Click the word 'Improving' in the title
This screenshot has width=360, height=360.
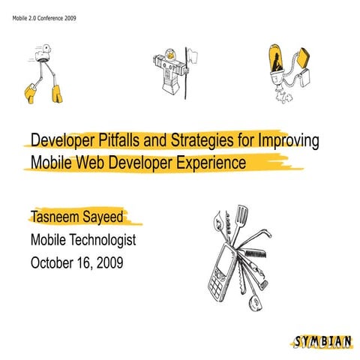coord(290,141)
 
